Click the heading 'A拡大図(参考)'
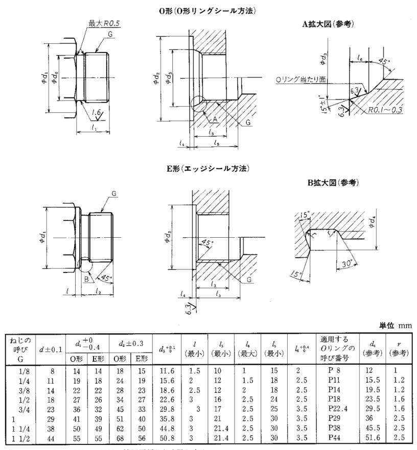[x=328, y=24]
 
